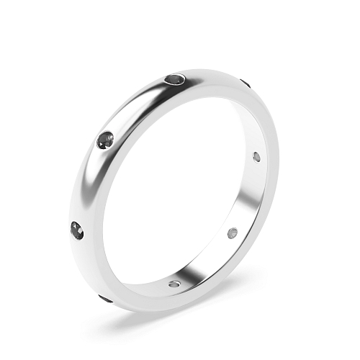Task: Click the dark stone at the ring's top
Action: coord(176,79)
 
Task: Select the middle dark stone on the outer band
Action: coord(106,139)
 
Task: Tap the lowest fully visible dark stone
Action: coord(77,230)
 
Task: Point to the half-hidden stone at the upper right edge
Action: coord(246,84)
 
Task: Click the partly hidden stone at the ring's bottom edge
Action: coord(105,298)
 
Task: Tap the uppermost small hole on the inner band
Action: coord(257,156)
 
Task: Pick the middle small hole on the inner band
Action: coord(232,233)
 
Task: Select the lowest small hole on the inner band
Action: coord(174,283)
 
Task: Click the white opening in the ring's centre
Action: coord(180,187)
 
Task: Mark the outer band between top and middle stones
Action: coord(137,104)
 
